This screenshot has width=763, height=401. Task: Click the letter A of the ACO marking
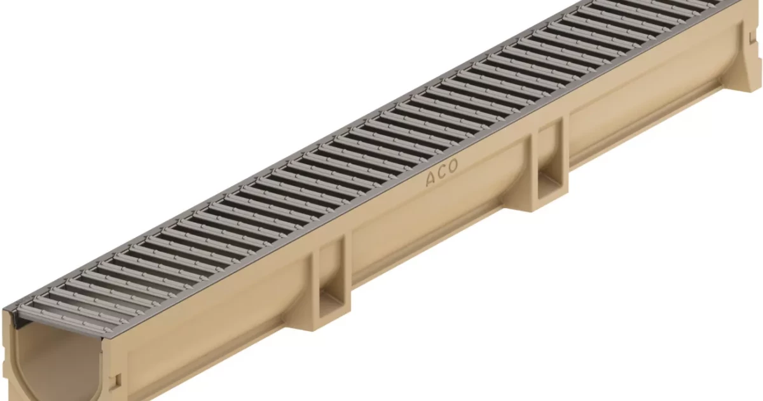[431, 179]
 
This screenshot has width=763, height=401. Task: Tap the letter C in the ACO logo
[442, 173]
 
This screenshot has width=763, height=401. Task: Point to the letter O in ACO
[453, 166]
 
